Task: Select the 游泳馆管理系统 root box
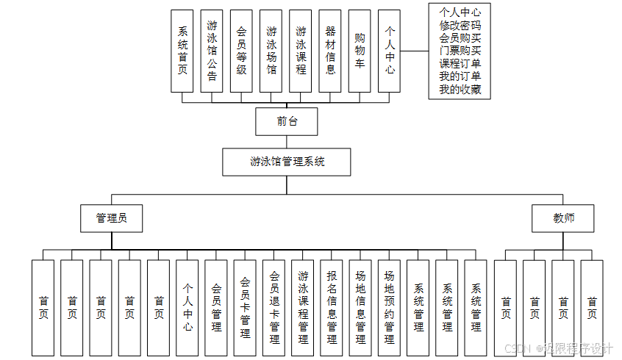click(287, 162)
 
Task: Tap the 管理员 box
click(111, 218)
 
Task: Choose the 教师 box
click(563, 218)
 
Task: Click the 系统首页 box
click(182, 51)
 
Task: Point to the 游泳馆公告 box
click(212, 51)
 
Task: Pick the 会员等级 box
click(241, 51)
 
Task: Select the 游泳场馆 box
click(271, 51)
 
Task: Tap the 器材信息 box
click(330, 51)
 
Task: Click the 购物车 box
click(360, 51)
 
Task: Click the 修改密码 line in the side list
click(460, 25)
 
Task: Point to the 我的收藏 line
click(460, 90)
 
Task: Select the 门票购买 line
click(460, 51)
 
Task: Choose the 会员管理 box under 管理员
click(216, 308)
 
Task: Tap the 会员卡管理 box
click(245, 308)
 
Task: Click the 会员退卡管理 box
click(274, 308)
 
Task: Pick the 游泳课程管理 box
click(303, 308)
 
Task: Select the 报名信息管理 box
click(332, 308)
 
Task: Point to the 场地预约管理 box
click(390, 308)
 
